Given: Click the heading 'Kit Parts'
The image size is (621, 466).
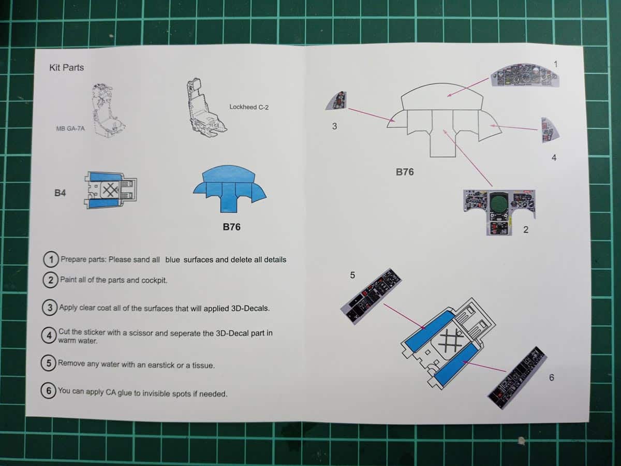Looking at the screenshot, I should pos(66,67).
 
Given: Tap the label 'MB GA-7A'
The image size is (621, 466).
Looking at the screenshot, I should pos(70,128).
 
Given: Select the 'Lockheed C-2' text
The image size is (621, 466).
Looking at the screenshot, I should pos(249,107).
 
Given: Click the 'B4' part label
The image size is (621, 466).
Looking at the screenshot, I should pos(60,193).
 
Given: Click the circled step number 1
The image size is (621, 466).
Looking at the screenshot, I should pos(51,259).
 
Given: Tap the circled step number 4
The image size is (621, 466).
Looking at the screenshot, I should pos(49,335).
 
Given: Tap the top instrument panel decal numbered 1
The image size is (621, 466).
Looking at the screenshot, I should pos(525,76).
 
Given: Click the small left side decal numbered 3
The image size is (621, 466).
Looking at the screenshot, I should pos(337,100).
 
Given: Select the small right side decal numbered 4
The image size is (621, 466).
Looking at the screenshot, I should pos(549,129).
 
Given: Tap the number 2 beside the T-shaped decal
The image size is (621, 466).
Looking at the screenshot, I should pos(525,230).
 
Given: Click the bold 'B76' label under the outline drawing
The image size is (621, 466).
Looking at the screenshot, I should pos(405,172).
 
